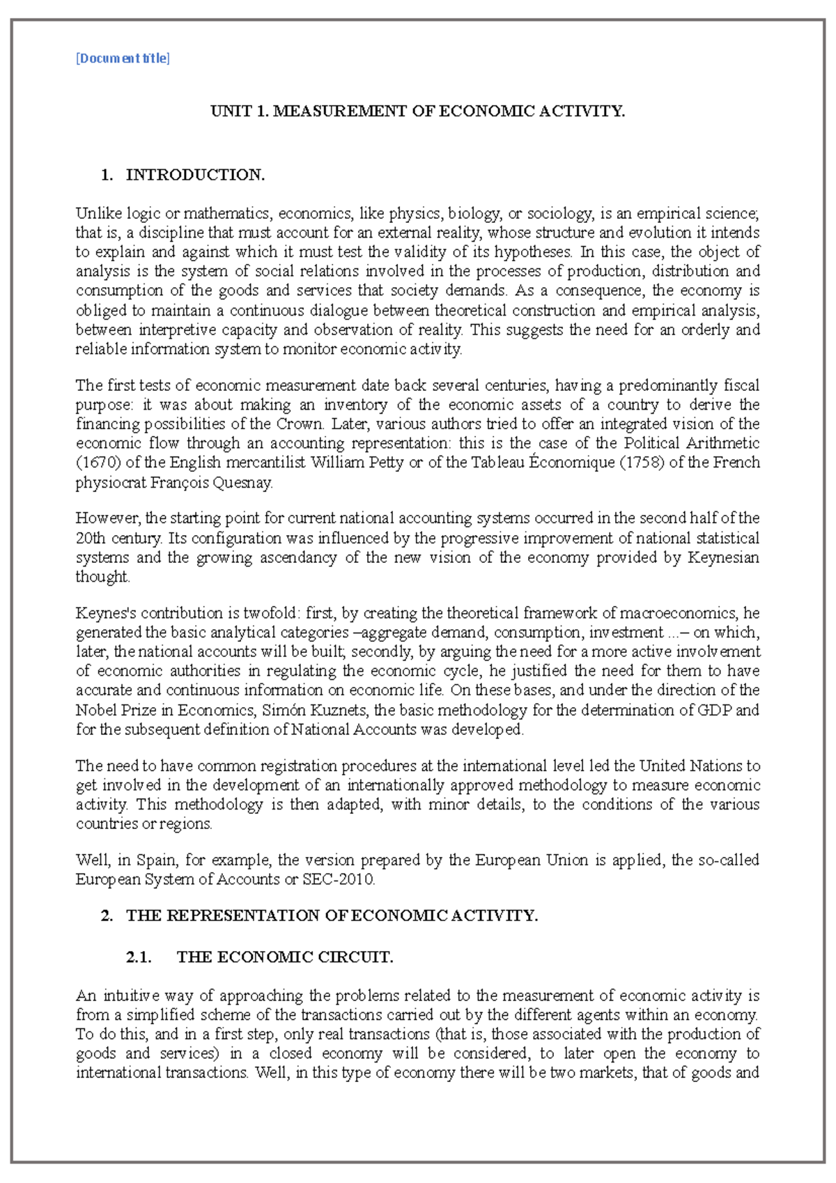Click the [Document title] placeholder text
[123, 59]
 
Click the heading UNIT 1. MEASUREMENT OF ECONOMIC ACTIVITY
[417, 111]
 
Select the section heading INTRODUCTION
[195, 175]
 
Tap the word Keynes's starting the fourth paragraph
[106, 613]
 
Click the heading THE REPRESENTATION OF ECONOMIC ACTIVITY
[332, 915]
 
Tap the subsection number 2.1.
[139, 957]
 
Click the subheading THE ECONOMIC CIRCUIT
[285, 957]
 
